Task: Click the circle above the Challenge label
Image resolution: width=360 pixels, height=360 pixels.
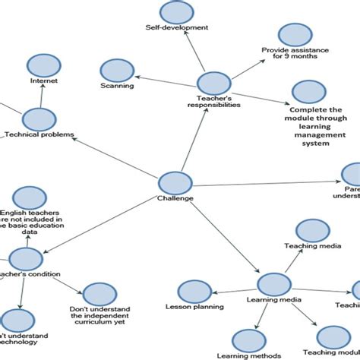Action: tap(175, 183)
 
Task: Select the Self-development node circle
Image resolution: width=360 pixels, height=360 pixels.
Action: tap(176, 13)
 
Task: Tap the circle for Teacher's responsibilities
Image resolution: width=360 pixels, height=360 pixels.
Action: tap(214, 84)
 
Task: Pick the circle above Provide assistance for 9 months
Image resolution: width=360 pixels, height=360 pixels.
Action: tap(295, 35)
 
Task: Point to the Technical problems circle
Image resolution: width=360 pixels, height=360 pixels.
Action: tap(38, 119)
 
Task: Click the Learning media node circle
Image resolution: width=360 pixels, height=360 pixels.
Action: tap(275, 284)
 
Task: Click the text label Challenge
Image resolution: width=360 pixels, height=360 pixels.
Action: tap(175, 199)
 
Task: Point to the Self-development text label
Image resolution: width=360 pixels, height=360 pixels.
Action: tap(176, 27)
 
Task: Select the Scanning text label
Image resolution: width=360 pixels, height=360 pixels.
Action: tap(117, 86)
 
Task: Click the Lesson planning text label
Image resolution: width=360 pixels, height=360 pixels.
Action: tap(194, 307)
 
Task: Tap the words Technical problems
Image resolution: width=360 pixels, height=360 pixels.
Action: tap(39, 135)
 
